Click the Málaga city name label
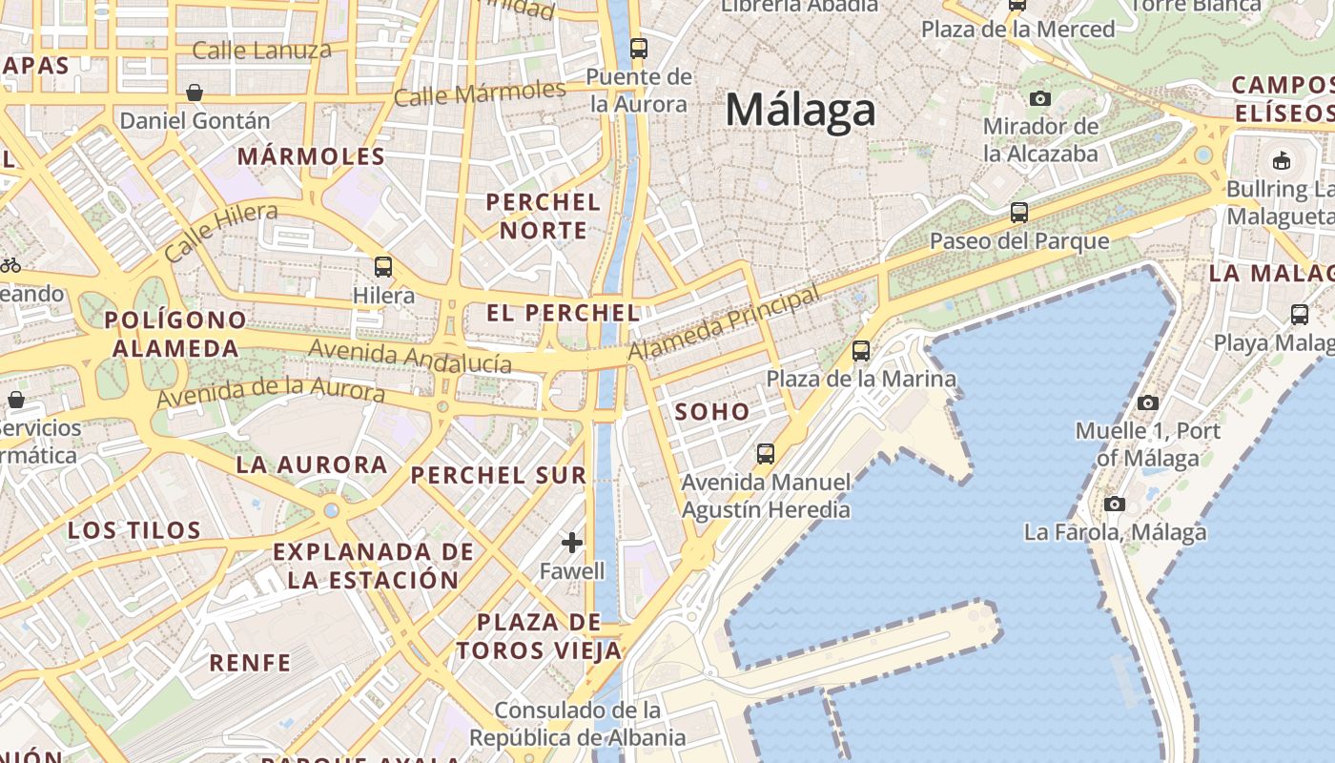point(800,110)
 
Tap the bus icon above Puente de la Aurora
point(638,48)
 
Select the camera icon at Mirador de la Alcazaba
point(1040,98)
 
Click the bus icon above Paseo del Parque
point(1018,213)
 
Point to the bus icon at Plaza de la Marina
point(861,351)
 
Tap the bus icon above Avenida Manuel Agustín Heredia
point(765,454)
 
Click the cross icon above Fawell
point(572,543)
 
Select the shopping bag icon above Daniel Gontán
point(195,93)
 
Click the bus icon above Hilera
point(383,267)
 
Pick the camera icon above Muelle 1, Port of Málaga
point(1148,402)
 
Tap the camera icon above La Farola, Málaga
point(1115,504)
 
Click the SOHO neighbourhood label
point(712,412)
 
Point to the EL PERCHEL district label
point(563,313)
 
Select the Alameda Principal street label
point(724,324)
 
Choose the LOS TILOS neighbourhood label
point(134,530)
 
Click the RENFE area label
point(250,662)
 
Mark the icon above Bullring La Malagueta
point(1282,160)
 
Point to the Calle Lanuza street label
point(261,50)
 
